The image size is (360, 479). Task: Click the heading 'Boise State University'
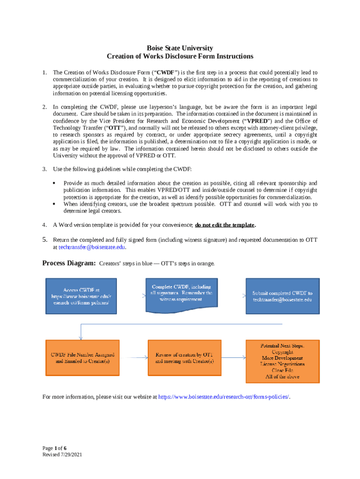click(180, 48)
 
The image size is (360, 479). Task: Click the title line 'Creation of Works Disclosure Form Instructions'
click(180, 57)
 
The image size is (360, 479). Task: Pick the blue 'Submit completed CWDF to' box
click(282, 296)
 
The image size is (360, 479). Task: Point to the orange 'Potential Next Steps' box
click(282, 361)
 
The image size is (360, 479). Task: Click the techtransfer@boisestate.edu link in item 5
click(92, 247)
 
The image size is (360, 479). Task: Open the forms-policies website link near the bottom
click(224, 397)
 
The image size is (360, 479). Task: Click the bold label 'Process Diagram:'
click(69, 263)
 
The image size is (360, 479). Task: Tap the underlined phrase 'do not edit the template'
click(224, 225)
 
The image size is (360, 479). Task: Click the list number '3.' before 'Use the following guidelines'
click(44, 168)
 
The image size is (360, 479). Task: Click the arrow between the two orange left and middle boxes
click(133, 358)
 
